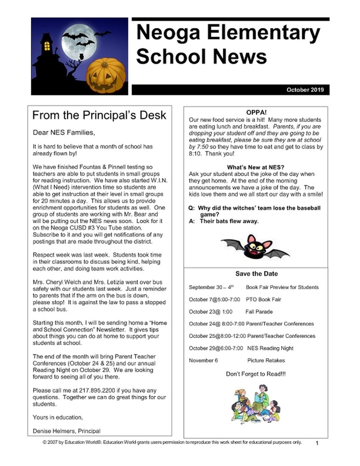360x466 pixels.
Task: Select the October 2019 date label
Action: [x=305, y=90]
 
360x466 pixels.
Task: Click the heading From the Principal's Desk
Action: [x=99, y=116]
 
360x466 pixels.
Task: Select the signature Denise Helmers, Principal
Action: [x=67, y=431]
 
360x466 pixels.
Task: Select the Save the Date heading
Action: [x=256, y=274]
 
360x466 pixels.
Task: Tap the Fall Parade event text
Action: [x=259, y=312]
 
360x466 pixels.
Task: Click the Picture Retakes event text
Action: [x=266, y=360]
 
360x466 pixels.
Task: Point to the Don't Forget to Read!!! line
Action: [x=256, y=374]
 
